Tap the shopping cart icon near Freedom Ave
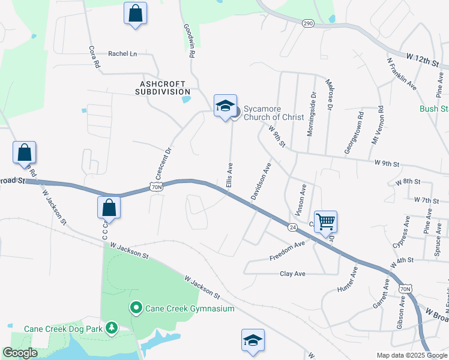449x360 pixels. click(x=325, y=221)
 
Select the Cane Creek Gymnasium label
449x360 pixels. click(x=183, y=308)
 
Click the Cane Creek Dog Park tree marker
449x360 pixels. click(x=111, y=328)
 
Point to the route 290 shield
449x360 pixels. click(x=308, y=23)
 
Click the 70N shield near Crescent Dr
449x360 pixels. click(x=156, y=187)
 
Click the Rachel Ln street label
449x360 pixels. click(x=122, y=53)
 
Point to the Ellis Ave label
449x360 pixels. click(x=229, y=174)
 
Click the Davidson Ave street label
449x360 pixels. click(x=261, y=181)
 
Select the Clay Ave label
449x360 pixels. click(x=293, y=274)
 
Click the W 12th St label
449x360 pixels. click(x=423, y=59)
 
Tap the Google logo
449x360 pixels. click(x=20, y=353)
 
